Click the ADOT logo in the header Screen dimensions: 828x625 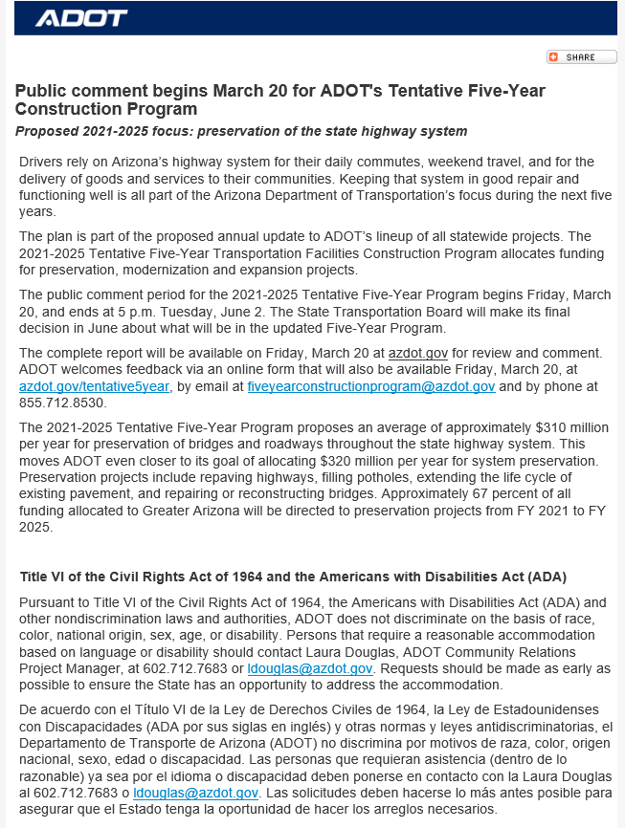(80, 18)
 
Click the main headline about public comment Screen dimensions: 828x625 (279, 99)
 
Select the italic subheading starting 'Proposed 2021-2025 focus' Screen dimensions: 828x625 (241, 131)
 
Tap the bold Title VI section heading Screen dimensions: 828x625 (293, 577)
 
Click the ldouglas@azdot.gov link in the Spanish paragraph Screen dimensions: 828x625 (195, 794)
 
